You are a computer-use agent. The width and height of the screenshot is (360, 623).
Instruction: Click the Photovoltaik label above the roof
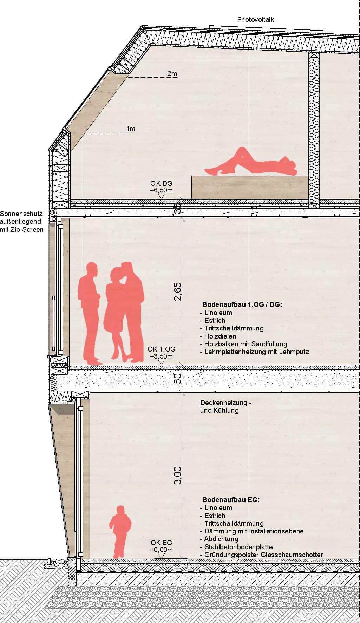point(255,20)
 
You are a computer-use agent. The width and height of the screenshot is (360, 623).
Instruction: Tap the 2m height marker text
point(172,73)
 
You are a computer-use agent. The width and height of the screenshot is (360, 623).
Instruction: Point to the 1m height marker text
point(131,129)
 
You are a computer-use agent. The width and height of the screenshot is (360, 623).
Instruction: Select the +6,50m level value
point(162,190)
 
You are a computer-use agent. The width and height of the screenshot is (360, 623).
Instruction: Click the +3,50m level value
point(162,356)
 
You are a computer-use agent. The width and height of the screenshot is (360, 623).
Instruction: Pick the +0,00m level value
point(162,550)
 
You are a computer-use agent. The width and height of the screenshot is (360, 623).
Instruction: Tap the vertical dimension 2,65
point(178,291)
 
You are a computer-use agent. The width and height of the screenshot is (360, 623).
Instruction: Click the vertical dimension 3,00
point(178,476)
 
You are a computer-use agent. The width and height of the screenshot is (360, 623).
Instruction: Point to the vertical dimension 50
point(178,379)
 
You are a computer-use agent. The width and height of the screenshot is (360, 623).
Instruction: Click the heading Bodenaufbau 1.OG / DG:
point(242,304)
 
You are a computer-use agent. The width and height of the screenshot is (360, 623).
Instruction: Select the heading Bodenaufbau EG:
point(231,500)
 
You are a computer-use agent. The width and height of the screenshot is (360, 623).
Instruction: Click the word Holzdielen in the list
point(220,336)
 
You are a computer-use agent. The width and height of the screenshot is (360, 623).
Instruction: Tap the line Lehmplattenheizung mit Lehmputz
point(257,352)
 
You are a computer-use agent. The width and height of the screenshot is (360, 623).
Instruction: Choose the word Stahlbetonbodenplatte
point(238,547)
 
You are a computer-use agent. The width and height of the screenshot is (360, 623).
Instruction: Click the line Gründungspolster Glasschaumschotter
point(264,555)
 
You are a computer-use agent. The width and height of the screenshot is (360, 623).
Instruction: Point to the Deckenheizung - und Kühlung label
point(225,406)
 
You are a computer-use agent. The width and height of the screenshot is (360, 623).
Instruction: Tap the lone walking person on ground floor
point(120,532)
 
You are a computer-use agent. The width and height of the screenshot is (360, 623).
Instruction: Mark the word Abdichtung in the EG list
point(221,539)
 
